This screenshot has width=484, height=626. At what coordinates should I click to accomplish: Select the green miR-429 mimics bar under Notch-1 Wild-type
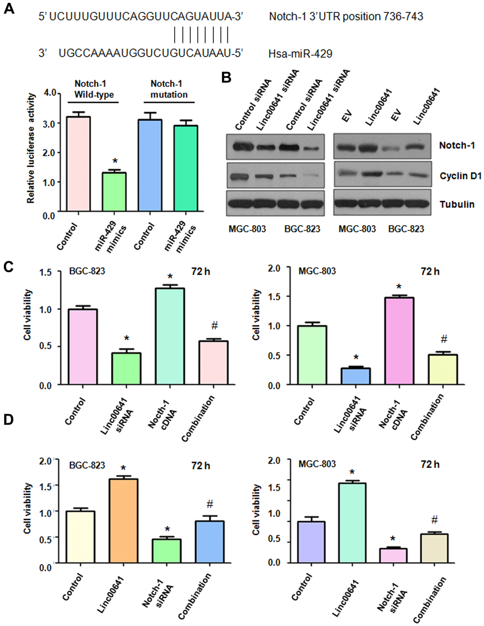[114, 191]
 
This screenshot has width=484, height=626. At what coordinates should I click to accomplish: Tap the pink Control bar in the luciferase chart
[78, 163]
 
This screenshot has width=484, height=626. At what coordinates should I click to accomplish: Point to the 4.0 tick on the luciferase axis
[50, 93]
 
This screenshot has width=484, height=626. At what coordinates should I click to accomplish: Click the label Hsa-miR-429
[300, 54]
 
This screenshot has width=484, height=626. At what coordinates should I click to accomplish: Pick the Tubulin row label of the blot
[456, 204]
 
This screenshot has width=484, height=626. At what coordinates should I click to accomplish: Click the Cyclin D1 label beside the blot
[460, 176]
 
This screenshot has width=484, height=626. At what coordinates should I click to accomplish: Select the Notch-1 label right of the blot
[456, 145]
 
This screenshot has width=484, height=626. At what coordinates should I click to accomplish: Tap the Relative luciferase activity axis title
[31, 148]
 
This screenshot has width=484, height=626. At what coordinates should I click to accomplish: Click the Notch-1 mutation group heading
[169, 89]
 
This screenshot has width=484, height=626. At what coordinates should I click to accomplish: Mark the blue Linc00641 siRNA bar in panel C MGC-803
[356, 376]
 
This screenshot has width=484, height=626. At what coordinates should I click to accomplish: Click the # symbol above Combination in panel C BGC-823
[214, 325]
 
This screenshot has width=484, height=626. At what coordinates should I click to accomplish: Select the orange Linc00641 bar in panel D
[123, 521]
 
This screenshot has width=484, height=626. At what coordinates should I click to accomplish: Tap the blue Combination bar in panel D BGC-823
[210, 541]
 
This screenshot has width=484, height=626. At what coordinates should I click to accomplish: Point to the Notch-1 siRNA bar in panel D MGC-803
[393, 555]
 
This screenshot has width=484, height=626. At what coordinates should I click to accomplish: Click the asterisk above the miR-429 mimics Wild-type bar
[115, 161]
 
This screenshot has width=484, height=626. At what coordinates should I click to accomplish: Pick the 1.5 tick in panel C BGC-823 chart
[46, 272]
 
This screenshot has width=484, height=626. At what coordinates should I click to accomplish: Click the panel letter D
[9, 419]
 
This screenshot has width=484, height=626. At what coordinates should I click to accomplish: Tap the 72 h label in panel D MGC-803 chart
[430, 465]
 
